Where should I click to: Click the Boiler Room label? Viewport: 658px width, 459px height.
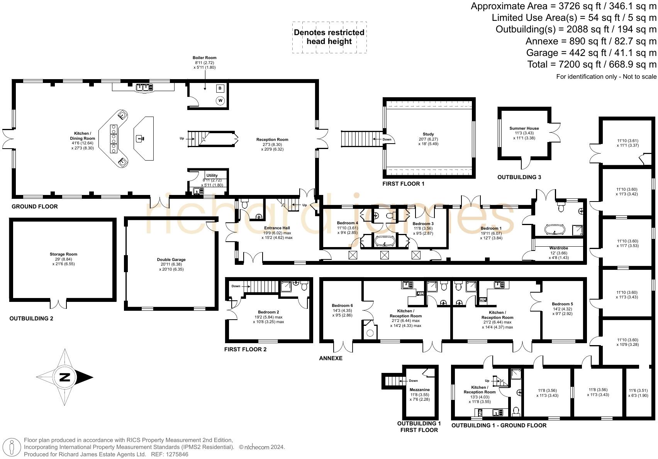click(x=205, y=58)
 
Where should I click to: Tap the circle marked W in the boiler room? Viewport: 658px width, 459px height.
click(x=220, y=101)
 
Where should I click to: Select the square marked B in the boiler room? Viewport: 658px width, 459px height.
click(x=220, y=88)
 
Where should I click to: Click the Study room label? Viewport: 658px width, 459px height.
click(x=428, y=134)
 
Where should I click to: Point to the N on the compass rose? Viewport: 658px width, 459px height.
click(x=64, y=377)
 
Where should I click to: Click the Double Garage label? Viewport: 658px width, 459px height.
click(x=171, y=260)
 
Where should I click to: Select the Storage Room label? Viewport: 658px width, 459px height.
click(x=63, y=254)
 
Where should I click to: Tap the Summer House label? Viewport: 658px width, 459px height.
click(x=524, y=129)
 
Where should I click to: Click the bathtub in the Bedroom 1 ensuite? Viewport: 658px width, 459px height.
click(x=554, y=230)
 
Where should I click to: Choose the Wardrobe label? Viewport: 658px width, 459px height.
click(x=558, y=248)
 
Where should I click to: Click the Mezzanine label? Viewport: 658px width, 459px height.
click(x=419, y=390)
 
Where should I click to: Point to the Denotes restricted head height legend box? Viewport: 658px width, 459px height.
click(x=329, y=37)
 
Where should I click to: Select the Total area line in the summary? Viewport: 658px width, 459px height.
click(x=592, y=64)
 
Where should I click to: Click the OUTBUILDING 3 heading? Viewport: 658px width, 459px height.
click(x=519, y=177)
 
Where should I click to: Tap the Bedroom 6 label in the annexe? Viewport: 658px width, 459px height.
click(x=342, y=306)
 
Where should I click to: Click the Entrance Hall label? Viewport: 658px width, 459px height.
click(x=277, y=228)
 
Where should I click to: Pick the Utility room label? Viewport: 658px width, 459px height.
click(x=212, y=176)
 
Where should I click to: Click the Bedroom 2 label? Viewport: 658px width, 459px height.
click(x=268, y=312)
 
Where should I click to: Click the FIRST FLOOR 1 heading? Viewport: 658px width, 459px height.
click(x=403, y=184)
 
